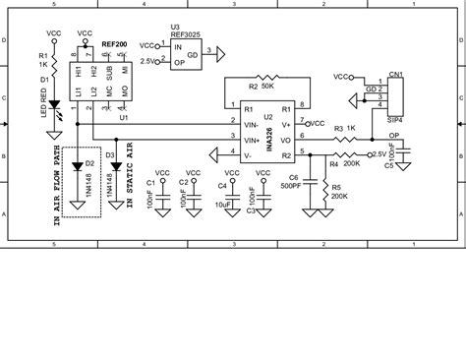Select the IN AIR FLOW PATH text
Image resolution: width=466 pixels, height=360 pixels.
point(58,192)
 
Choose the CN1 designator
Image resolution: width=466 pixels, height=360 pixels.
point(395,73)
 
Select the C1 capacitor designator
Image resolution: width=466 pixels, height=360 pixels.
point(149,183)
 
